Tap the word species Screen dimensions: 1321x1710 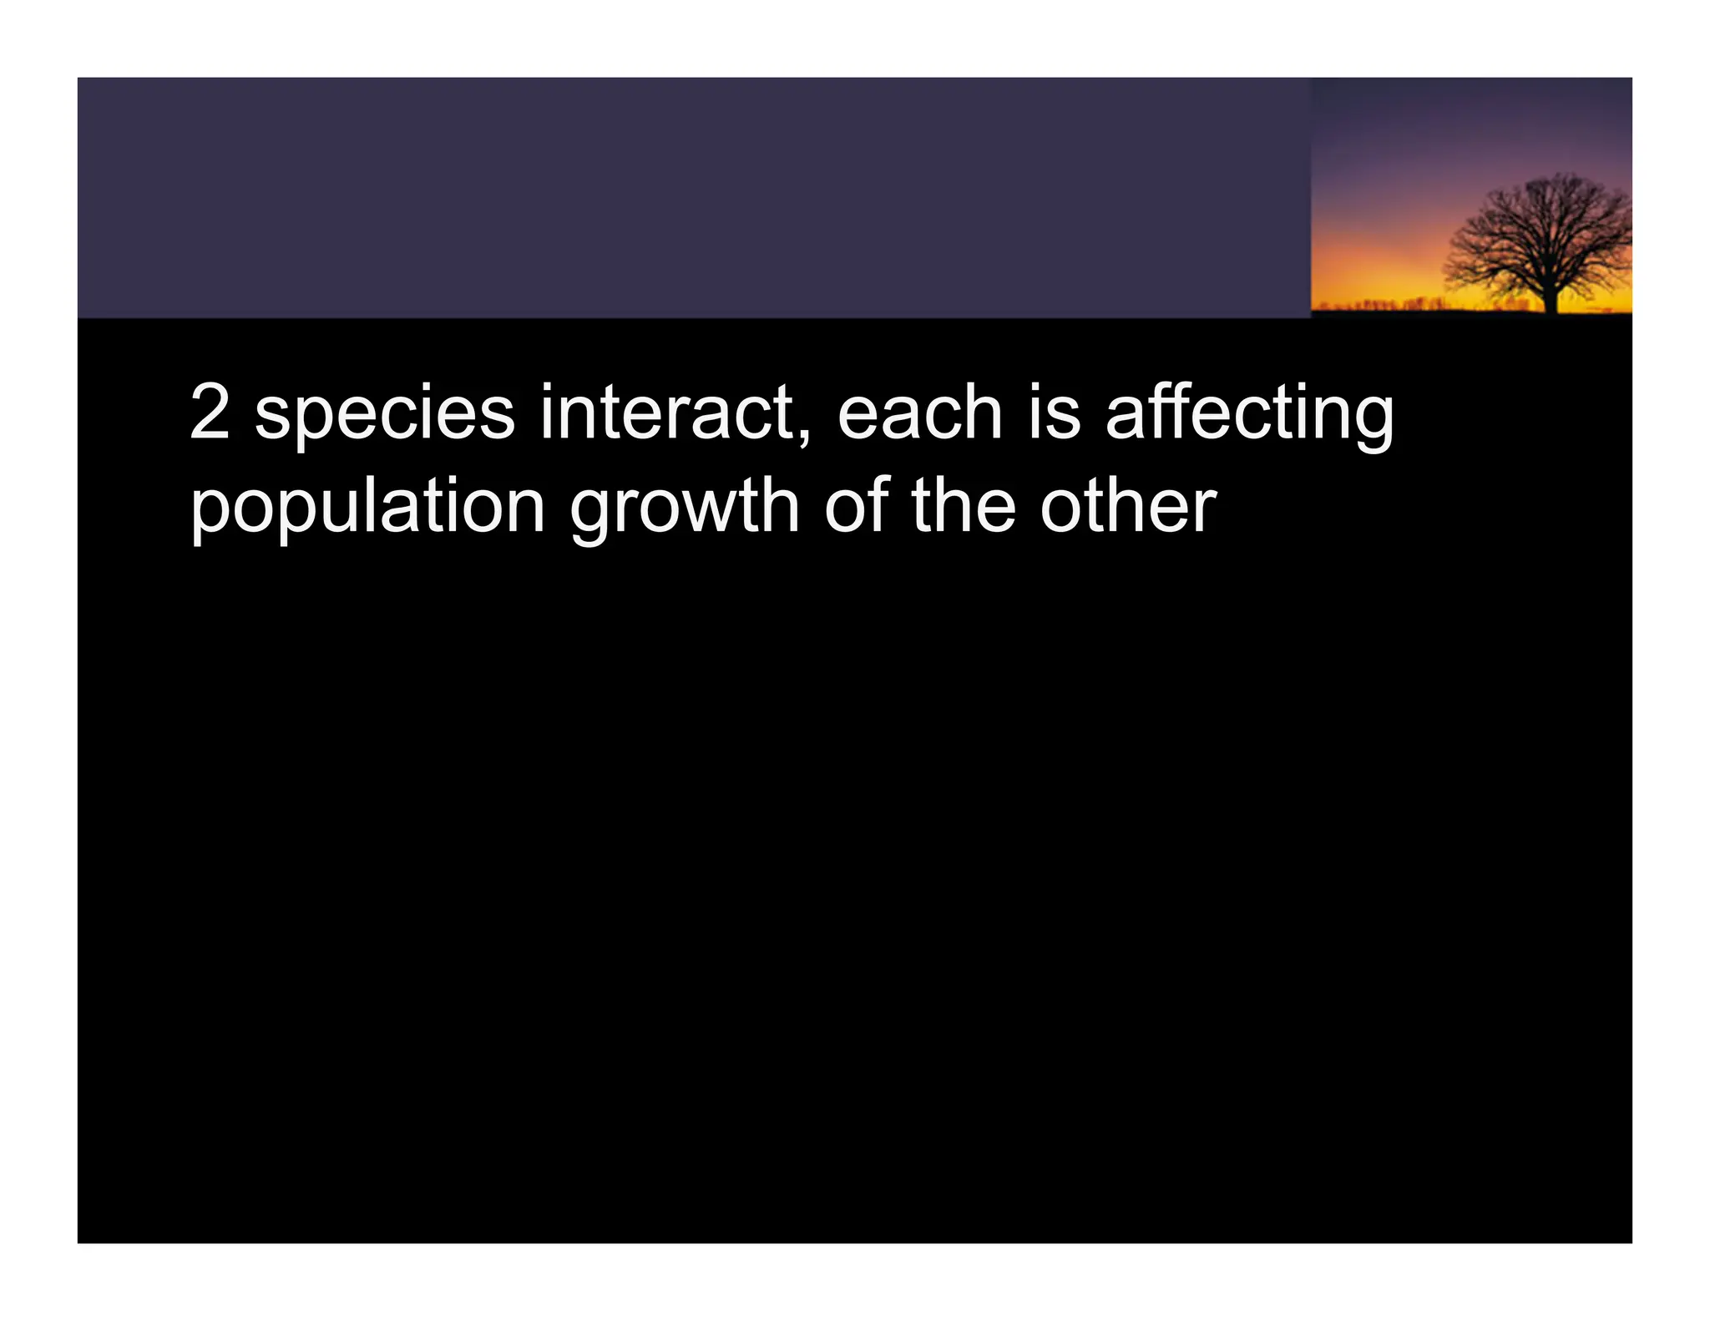tap(385, 414)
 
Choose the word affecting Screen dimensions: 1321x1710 tap(1249, 414)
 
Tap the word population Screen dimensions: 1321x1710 tap(367, 508)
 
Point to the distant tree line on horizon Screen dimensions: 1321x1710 tap(1403, 303)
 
